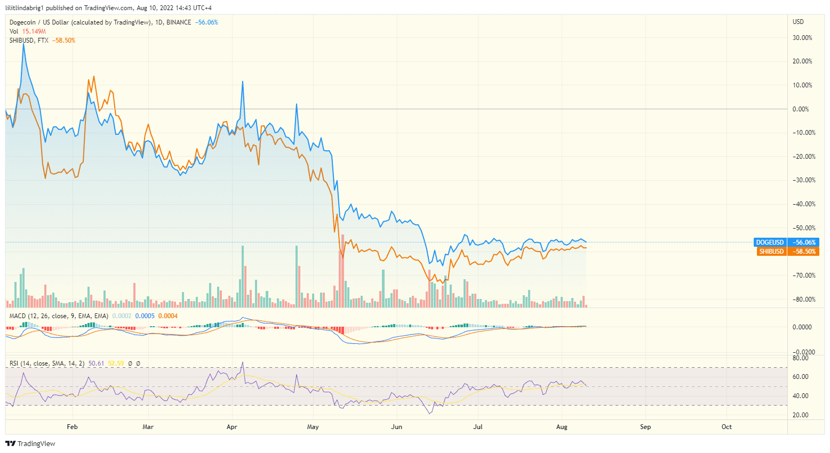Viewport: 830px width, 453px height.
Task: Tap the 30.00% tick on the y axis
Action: click(802, 38)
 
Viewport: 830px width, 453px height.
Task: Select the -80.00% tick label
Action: click(802, 300)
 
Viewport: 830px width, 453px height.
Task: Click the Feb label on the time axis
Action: click(72, 427)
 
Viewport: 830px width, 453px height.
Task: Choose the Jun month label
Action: click(396, 427)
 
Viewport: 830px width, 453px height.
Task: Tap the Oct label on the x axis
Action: click(727, 427)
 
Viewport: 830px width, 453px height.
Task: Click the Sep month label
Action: click(645, 427)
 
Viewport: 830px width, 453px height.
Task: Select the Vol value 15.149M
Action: click(34, 31)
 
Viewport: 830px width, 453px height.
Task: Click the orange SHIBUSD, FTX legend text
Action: click(29, 41)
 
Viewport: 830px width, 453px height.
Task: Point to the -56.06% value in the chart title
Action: click(206, 22)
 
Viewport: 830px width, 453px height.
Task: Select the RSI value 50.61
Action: click(96, 363)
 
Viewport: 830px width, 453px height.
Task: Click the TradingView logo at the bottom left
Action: click(30, 443)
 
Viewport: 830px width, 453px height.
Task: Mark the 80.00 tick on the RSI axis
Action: click(801, 358)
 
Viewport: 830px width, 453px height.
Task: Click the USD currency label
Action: click(798, 22)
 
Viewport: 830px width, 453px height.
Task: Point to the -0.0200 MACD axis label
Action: click(801, 352)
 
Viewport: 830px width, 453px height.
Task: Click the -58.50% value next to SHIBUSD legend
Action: click(63, 41)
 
